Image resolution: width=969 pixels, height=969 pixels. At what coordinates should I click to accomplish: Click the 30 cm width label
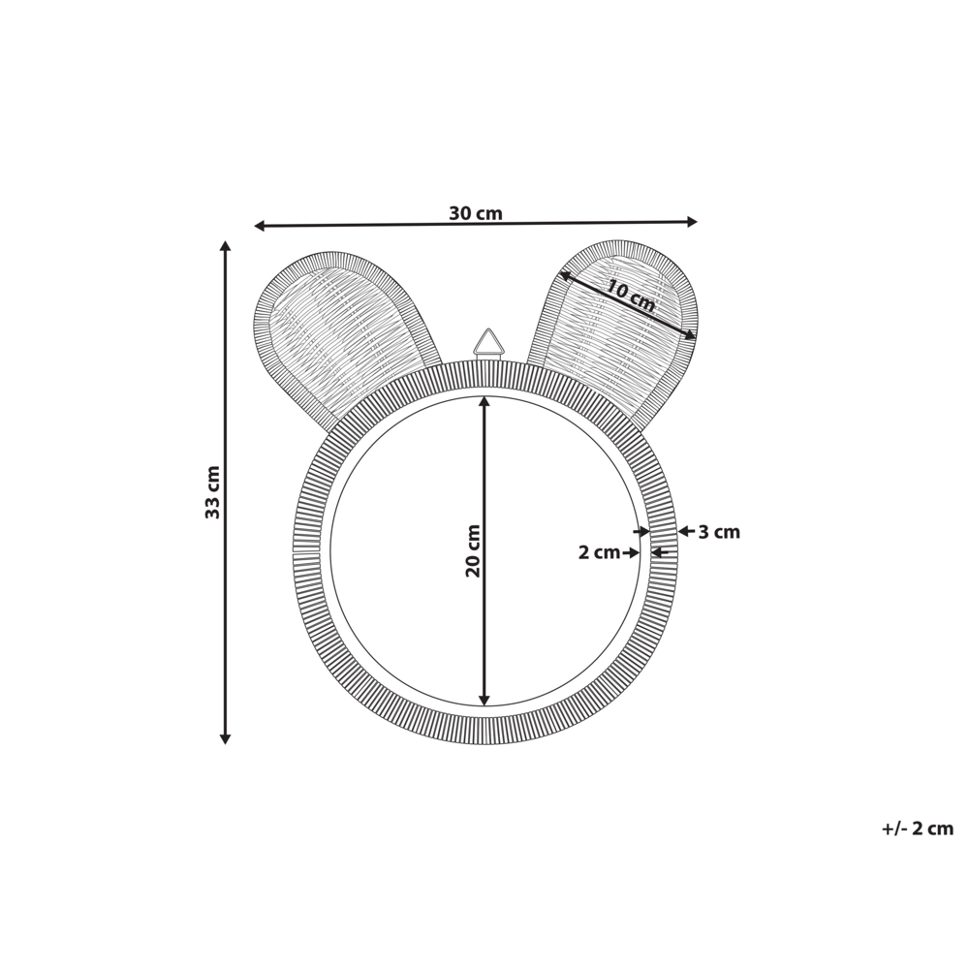pos(475,213)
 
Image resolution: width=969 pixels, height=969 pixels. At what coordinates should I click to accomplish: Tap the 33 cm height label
pos(213,492)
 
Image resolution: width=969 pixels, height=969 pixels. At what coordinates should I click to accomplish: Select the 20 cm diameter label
pos(473,550)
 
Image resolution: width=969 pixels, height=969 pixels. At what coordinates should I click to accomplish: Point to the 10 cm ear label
pos(631,295)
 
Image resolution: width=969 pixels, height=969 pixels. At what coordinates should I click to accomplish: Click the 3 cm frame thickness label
pos(719,532)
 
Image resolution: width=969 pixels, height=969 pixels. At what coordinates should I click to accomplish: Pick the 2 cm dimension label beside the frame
pos(599,552)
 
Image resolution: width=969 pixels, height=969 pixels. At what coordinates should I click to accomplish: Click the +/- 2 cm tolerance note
pos(917,828)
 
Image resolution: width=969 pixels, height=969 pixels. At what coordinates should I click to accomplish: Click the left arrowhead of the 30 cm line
pos(260,226)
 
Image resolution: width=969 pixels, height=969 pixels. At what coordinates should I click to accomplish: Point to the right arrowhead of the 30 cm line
pos(692,222)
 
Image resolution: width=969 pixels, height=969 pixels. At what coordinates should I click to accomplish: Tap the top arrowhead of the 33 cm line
pos(226,247)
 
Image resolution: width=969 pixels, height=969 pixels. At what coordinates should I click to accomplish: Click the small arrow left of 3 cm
pos(684,531)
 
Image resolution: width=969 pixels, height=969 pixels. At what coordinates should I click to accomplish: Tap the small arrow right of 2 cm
pos(634,552)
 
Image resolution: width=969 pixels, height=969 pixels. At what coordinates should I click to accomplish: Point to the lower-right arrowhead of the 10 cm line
pos(689,335)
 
